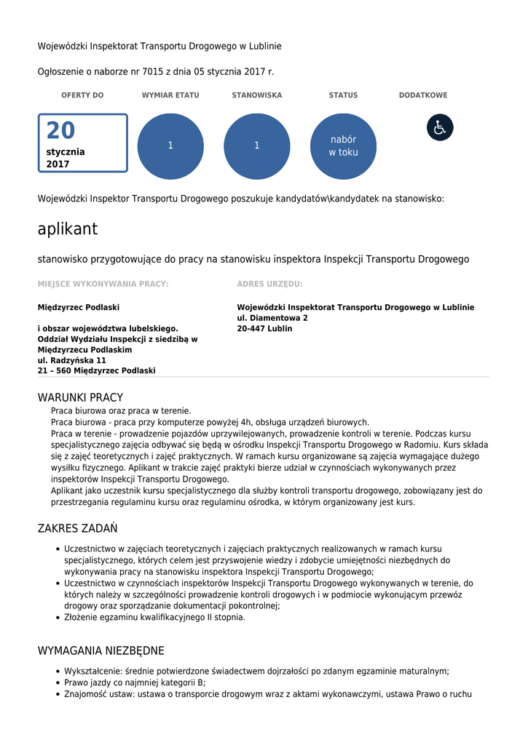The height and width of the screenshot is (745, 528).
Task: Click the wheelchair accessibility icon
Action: pos(440,127)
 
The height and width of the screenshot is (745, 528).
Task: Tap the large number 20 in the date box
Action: pos(60,131)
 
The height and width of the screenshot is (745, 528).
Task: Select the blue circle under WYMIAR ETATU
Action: pos(170,146)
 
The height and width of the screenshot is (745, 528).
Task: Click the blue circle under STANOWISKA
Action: pos(256,146)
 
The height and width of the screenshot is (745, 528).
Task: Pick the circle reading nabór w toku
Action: pos(343,146)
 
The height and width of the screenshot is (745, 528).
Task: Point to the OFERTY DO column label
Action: pos(82,95)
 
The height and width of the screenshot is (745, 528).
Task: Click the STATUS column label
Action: pos(343,95)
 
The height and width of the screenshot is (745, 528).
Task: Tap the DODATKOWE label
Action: pos(423,95)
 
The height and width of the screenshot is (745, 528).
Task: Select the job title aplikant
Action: pos(68,229)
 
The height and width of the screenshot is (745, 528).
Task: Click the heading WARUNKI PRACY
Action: pos(80,398)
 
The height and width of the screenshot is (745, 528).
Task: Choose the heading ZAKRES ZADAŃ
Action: pos(77,528)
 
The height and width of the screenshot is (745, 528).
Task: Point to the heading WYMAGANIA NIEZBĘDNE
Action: pos(101,650)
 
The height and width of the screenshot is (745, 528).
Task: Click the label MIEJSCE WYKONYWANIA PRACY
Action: pos(103,284)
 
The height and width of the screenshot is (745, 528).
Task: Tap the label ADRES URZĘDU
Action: pos(269,284)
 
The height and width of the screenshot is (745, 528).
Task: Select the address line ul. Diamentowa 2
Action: pos(272,318)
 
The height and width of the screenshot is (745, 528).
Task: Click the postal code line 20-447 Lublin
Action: pos(264,329)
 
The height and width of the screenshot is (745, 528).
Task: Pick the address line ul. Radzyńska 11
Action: pos(72,360)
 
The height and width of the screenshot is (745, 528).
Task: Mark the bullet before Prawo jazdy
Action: pos(58,683)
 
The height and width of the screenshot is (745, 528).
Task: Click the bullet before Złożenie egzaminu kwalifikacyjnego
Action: pos(58,618)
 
